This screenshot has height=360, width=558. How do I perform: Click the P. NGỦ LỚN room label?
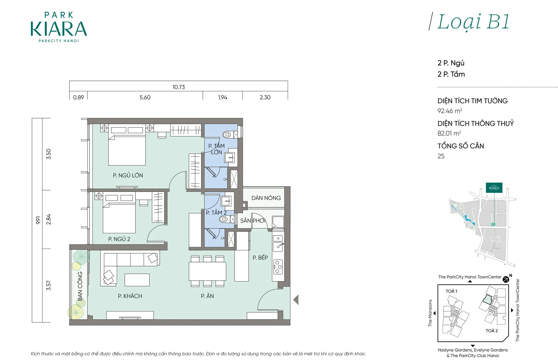tap(128, 175)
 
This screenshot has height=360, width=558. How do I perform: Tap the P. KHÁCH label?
tap(130, 296)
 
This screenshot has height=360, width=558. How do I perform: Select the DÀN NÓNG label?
tap(266, 198)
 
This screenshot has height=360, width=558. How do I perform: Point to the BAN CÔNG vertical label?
tap(80, 286)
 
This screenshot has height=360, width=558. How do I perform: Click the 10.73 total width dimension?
tap(178, 87)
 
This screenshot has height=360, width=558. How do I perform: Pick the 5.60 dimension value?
tap(145, 97)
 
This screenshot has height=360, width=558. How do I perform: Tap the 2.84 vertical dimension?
tap(49, 219)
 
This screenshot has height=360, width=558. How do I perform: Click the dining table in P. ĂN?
tap(207, 271)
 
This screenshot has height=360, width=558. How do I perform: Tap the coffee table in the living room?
tap(137, 280)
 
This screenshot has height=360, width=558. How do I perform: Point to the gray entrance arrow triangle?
tap(296, 300)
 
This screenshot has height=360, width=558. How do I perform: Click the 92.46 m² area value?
tap(450, 111)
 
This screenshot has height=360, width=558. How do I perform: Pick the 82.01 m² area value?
tap(449, 133)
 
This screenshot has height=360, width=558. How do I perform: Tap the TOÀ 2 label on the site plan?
tap(492, 331)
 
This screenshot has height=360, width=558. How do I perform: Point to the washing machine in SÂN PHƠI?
tap(278, 222)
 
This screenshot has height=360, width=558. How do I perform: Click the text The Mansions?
tap(430, 313)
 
